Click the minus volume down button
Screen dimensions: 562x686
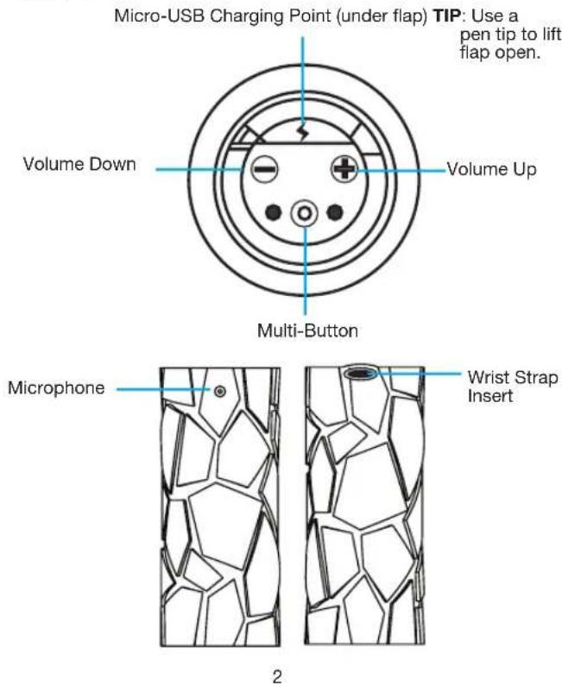pos(264,169)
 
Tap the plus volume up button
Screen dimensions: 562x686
pos(344,169)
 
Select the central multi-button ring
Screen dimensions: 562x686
pos(305,213)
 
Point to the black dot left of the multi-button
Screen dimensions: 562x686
pos(274,213)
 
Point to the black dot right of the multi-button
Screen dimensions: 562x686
pos(335,213)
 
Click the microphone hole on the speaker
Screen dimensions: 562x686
pos(220,391)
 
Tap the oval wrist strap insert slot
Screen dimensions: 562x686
pos(360,373)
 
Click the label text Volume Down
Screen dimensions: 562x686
pos(79,165)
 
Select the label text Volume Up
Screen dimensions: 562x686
pos(491,169)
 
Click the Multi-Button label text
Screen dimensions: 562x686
pos(307,330)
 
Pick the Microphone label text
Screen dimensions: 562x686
pos(56,388)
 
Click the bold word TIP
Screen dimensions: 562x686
pos(447,16)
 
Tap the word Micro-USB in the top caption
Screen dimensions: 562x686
pos(159,16)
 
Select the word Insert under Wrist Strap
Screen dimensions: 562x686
pos(490,396)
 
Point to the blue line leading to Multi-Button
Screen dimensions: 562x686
pos(305,270)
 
